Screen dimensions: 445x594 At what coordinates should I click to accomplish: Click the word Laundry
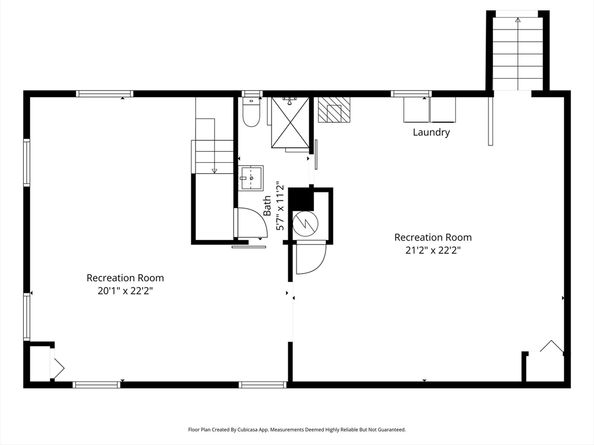point(431,132)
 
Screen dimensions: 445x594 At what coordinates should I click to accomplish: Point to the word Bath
point(268,206)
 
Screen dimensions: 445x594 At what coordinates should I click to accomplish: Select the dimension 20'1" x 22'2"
point(124,291)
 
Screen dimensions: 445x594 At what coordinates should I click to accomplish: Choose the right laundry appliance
point(443,107)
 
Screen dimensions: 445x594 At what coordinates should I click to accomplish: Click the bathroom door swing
point(245,225)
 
